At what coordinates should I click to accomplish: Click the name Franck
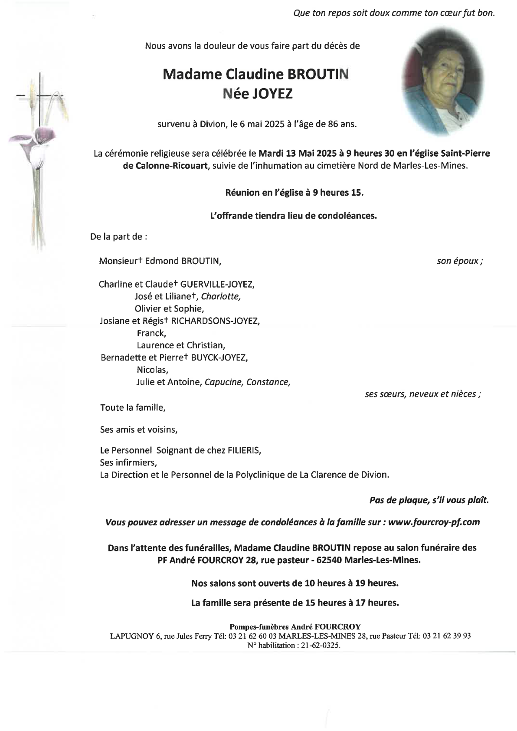click(x=151, y=333)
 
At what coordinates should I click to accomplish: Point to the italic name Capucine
click(x=223, y=382)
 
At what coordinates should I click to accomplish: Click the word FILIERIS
click(x=244, y=450)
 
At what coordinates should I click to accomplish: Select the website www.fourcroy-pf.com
click(x=434, y=522)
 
